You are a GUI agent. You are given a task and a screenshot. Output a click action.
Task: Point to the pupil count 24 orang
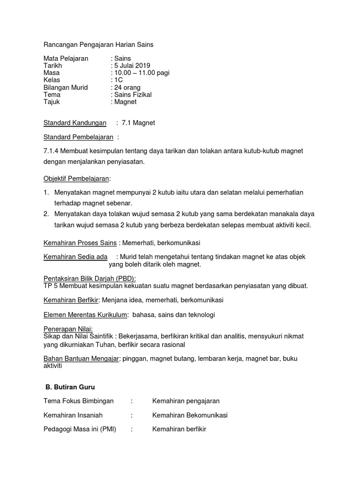coord(127,87)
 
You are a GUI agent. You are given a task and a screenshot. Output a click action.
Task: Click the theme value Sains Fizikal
coord(133,95)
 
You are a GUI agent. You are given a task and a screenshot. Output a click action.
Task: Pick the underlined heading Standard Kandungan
coord(75,123)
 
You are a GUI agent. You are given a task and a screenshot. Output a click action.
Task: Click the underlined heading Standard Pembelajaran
coord(78,137)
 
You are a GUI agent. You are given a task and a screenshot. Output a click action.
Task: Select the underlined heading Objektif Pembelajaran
coord(76,179)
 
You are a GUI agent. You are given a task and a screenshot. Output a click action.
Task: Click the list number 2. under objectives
coord(46,214)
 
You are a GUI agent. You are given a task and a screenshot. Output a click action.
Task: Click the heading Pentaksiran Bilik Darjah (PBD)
coord(89,278)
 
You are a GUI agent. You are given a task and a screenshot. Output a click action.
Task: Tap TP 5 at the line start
coord(50,285)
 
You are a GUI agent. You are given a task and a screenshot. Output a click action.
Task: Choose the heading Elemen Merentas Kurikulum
coord(85,315)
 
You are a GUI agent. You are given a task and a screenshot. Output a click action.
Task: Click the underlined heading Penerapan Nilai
coord(68,329)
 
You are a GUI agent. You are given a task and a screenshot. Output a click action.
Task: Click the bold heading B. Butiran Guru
coord(70,387)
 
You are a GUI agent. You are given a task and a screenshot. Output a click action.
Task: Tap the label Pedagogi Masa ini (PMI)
coord(80,429)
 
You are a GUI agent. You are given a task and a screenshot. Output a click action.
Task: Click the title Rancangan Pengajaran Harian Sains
coord(98,45)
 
